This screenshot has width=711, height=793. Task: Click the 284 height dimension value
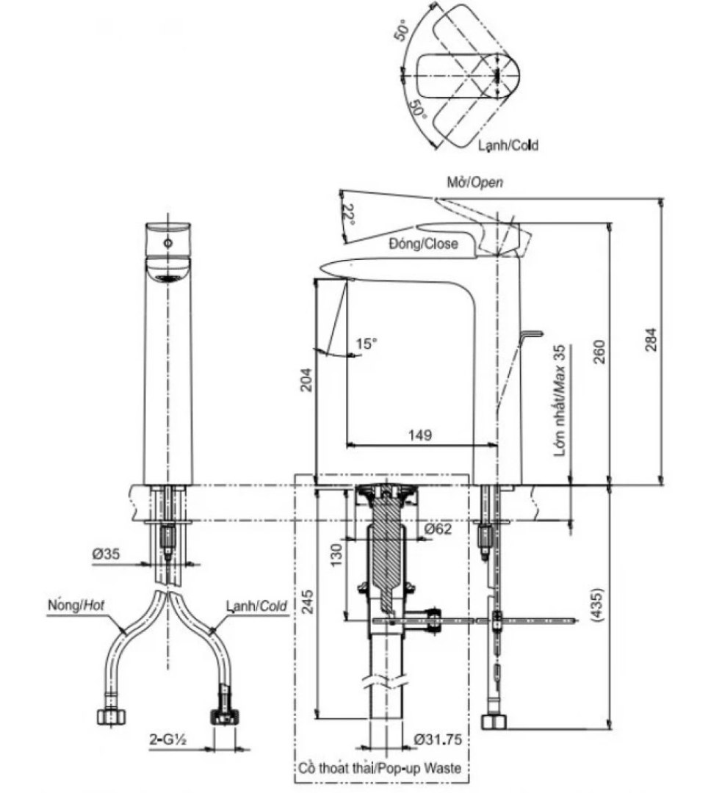tap(652, 340)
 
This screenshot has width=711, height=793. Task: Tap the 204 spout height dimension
tap(307, 381)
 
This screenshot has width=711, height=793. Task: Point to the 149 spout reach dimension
tap(420, 435)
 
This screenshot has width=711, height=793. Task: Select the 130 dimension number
tap(336, 555)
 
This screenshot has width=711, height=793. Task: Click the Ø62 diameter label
tap(437, 529)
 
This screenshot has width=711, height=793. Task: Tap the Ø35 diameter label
tap(106, 554)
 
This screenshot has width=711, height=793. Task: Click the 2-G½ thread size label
tap(168, 739)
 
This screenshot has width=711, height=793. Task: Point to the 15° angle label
tap(367, 344)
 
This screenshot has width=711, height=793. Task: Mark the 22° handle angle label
tap(348, 214)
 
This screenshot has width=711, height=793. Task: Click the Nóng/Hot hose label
tap(76, 604)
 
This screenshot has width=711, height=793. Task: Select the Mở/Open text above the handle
tap(474, 182)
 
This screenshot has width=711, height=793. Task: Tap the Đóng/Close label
tap(423, 244)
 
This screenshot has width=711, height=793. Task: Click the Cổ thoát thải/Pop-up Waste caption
tap(380, 768)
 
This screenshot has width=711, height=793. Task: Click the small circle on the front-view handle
tap(168, 244)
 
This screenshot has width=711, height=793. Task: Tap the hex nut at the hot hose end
tap(112, 716)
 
